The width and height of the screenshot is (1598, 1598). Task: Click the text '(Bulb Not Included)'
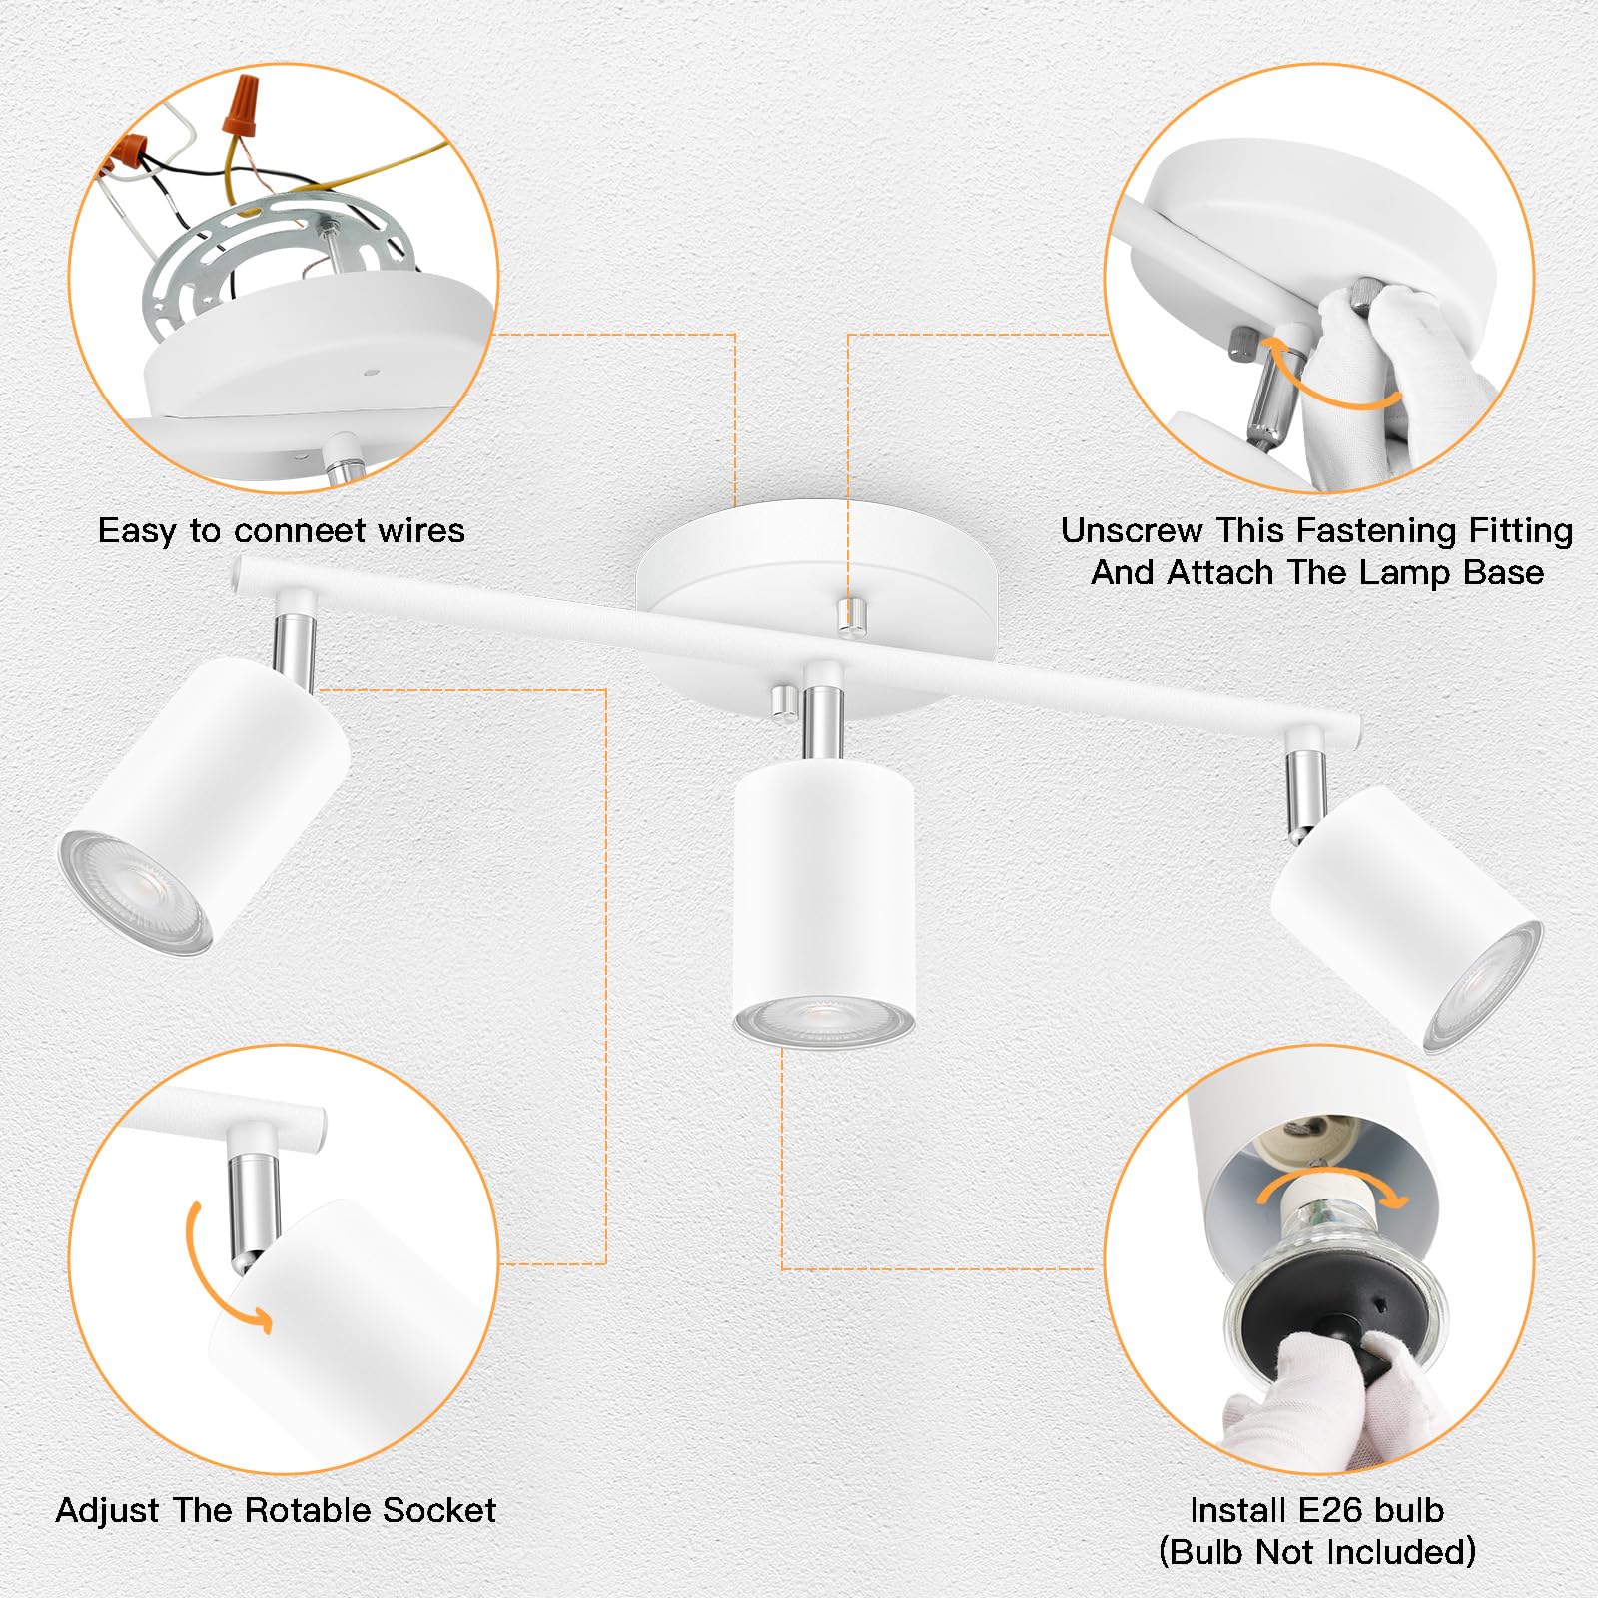point(1316,1552)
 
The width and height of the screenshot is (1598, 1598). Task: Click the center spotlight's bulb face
point(824,1022)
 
